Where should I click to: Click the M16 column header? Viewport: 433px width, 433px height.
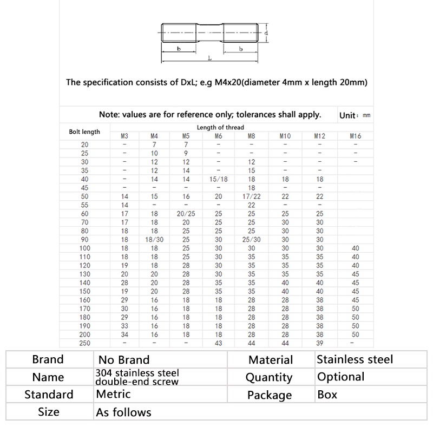[x=356, y=136]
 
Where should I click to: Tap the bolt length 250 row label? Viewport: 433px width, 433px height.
[x=84, y=343]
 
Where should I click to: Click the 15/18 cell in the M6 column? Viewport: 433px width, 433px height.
[x=219, y=179]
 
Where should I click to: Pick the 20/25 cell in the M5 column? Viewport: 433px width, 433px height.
[x=186, y=214]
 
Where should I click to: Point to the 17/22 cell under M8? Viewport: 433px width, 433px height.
[x=252, y=196]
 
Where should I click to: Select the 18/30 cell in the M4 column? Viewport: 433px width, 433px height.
[x=154, y=240]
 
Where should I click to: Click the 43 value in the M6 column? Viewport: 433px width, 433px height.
[x=219, y=343]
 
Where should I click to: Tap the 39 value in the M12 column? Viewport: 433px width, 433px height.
[x=319, y=343]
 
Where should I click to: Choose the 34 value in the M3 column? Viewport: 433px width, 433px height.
[x=124, y=334]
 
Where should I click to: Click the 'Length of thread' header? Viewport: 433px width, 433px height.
[x=220, y=128]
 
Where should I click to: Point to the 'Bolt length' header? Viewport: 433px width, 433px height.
[x=84, y=132]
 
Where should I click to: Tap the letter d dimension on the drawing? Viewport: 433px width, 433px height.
[x=267, y=33]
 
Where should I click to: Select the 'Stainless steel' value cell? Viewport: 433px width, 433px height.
[x=355, y=359]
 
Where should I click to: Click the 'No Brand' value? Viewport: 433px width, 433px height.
[x=124, y=359]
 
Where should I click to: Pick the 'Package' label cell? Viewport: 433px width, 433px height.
[x=269, y=395]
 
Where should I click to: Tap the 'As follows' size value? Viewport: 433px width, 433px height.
[x=123, y=412]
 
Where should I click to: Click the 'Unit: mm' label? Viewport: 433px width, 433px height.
[x=355, y=115]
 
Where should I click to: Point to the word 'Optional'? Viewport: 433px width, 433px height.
[x=340, y=377]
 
